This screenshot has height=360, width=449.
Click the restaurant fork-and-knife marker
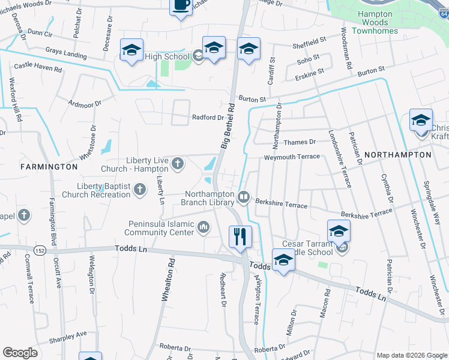(x=241, y=235)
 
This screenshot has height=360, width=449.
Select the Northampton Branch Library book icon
(x=244, y=196)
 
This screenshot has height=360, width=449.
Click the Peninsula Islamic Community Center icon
(x=203, y=227)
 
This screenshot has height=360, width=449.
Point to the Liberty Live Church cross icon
(x=178, y=163)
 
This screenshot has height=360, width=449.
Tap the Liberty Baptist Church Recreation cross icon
(x=139, y=190)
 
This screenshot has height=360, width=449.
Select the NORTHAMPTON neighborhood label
(x=397, y=155)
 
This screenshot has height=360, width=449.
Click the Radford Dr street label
(x=207, y=118)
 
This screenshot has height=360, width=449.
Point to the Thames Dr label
(x=300, y=142)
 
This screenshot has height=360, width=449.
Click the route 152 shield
(x=40, y=250)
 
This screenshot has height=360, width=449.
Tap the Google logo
(x=20, y=353)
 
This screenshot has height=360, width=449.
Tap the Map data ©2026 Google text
(x=411, y=355)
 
